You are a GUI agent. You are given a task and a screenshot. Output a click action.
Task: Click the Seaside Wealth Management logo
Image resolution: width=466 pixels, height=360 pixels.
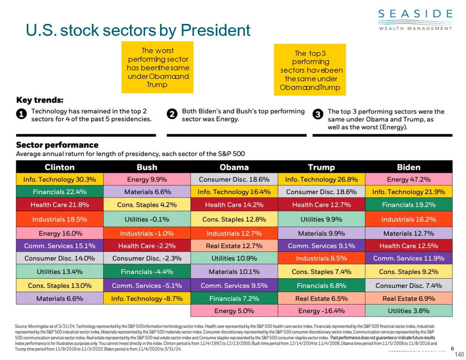point(415,19)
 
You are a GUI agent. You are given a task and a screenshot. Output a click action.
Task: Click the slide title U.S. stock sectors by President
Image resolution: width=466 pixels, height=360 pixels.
point(138,31)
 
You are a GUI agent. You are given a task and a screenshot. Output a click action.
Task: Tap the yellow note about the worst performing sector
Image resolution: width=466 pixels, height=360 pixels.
point(158,67)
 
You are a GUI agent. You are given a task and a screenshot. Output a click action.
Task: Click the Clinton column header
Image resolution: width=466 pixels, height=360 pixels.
point(60,167)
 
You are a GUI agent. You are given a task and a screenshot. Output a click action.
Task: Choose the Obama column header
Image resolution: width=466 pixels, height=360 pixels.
point(234,167)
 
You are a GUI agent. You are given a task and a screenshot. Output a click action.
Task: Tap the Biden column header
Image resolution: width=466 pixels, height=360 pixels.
point(408,167)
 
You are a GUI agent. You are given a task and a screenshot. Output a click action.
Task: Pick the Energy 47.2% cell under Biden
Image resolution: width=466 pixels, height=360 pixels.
point(408,180)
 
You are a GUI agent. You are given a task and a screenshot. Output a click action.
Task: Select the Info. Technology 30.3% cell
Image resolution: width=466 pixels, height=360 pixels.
point(60,180)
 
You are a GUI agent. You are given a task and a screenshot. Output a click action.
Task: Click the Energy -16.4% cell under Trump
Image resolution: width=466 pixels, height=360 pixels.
point(321,311)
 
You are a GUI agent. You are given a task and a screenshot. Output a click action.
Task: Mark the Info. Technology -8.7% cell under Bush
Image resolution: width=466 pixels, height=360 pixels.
point(147,298)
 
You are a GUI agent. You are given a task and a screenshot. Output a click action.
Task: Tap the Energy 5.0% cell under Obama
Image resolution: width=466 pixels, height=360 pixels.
point(234,311)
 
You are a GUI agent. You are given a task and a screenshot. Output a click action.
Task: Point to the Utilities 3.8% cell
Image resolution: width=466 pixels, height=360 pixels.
point(408,311)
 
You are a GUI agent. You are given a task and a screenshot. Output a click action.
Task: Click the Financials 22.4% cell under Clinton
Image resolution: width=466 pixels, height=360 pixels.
point(60,192)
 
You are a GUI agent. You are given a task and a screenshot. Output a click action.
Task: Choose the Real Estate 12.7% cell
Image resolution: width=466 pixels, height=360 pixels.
point(234,246)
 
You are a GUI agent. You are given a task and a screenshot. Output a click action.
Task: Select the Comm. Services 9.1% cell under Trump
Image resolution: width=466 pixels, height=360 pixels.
point(321,246)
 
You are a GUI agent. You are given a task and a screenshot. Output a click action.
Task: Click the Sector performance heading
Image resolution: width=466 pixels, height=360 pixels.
point(57,145)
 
